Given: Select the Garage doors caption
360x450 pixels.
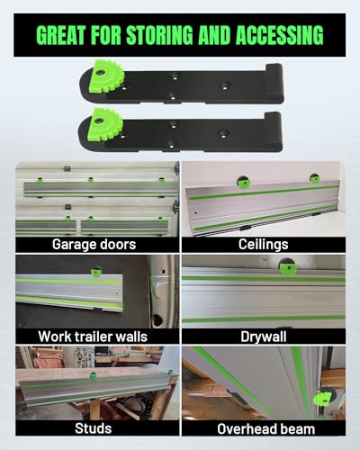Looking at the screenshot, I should (x=95, y=243).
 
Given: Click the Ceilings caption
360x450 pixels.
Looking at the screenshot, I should (x=264, y=243).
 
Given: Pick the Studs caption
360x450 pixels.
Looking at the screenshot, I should (x=95, y=428).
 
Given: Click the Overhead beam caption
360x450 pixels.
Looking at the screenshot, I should (x=264, y=428).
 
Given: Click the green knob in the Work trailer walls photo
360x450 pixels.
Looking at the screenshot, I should (x=95, y=270).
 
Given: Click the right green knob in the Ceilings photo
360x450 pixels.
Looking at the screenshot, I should (x=315, y=177).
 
